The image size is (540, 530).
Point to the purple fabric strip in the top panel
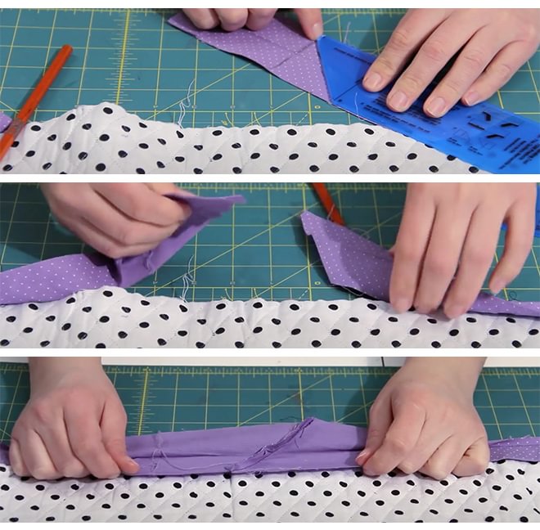pos(262,53)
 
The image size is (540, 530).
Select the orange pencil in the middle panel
pos(327,201)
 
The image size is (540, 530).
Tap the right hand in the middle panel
pos(458,245)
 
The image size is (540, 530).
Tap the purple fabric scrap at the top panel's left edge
pos(4,123)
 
